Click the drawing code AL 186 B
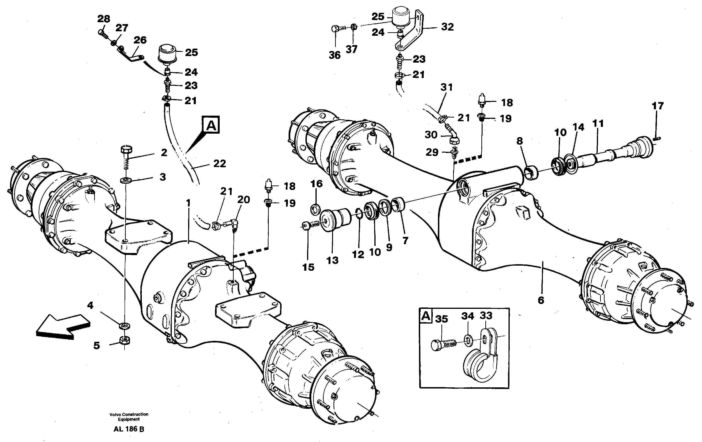[129, 429]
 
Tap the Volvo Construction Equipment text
[129, 417]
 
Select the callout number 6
[541, 300]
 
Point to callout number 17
[658, 106]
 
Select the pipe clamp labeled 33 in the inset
[483, 358]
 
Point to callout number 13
[332, 260]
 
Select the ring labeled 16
[315, 209]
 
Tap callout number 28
[104, 19]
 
